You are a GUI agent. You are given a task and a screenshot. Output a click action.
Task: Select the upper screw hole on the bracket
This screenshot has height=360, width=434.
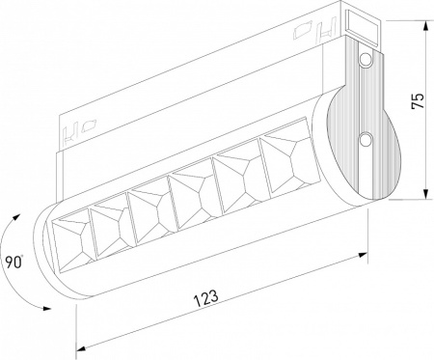(365, 61)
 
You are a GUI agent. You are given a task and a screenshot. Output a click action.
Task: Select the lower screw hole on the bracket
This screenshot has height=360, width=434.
(365, 141)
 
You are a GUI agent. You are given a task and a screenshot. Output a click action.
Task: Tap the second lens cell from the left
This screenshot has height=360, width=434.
(108, 218)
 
